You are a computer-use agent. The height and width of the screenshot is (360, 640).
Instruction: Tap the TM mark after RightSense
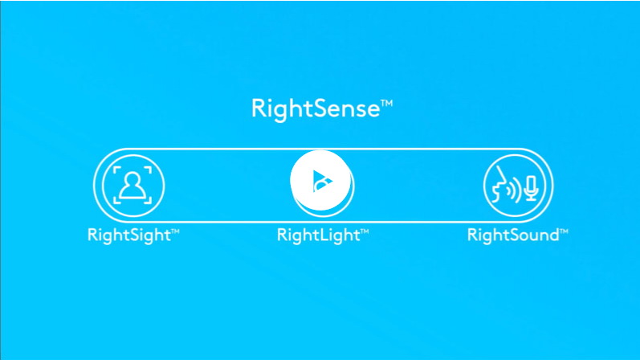[x=387, y=103]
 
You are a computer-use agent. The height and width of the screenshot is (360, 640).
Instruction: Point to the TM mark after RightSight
[x=175, y=231]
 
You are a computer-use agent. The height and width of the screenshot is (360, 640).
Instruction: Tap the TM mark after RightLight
[x=365, y=231]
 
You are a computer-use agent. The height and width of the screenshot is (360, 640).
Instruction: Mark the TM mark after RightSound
[x=564, y=231]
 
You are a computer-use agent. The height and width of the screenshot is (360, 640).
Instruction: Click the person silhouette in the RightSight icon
[x=132, y=186]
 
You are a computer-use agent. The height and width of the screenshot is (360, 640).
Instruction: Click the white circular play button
[x=320, y=180]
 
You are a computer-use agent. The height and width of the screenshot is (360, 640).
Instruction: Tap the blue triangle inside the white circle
[x=323, y=181]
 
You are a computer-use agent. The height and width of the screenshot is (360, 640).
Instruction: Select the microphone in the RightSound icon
[x=531, y=188]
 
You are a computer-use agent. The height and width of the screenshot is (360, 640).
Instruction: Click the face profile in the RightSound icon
[x=498, y=184]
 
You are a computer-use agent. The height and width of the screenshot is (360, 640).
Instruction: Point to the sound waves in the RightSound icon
[x=515, y=189]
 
